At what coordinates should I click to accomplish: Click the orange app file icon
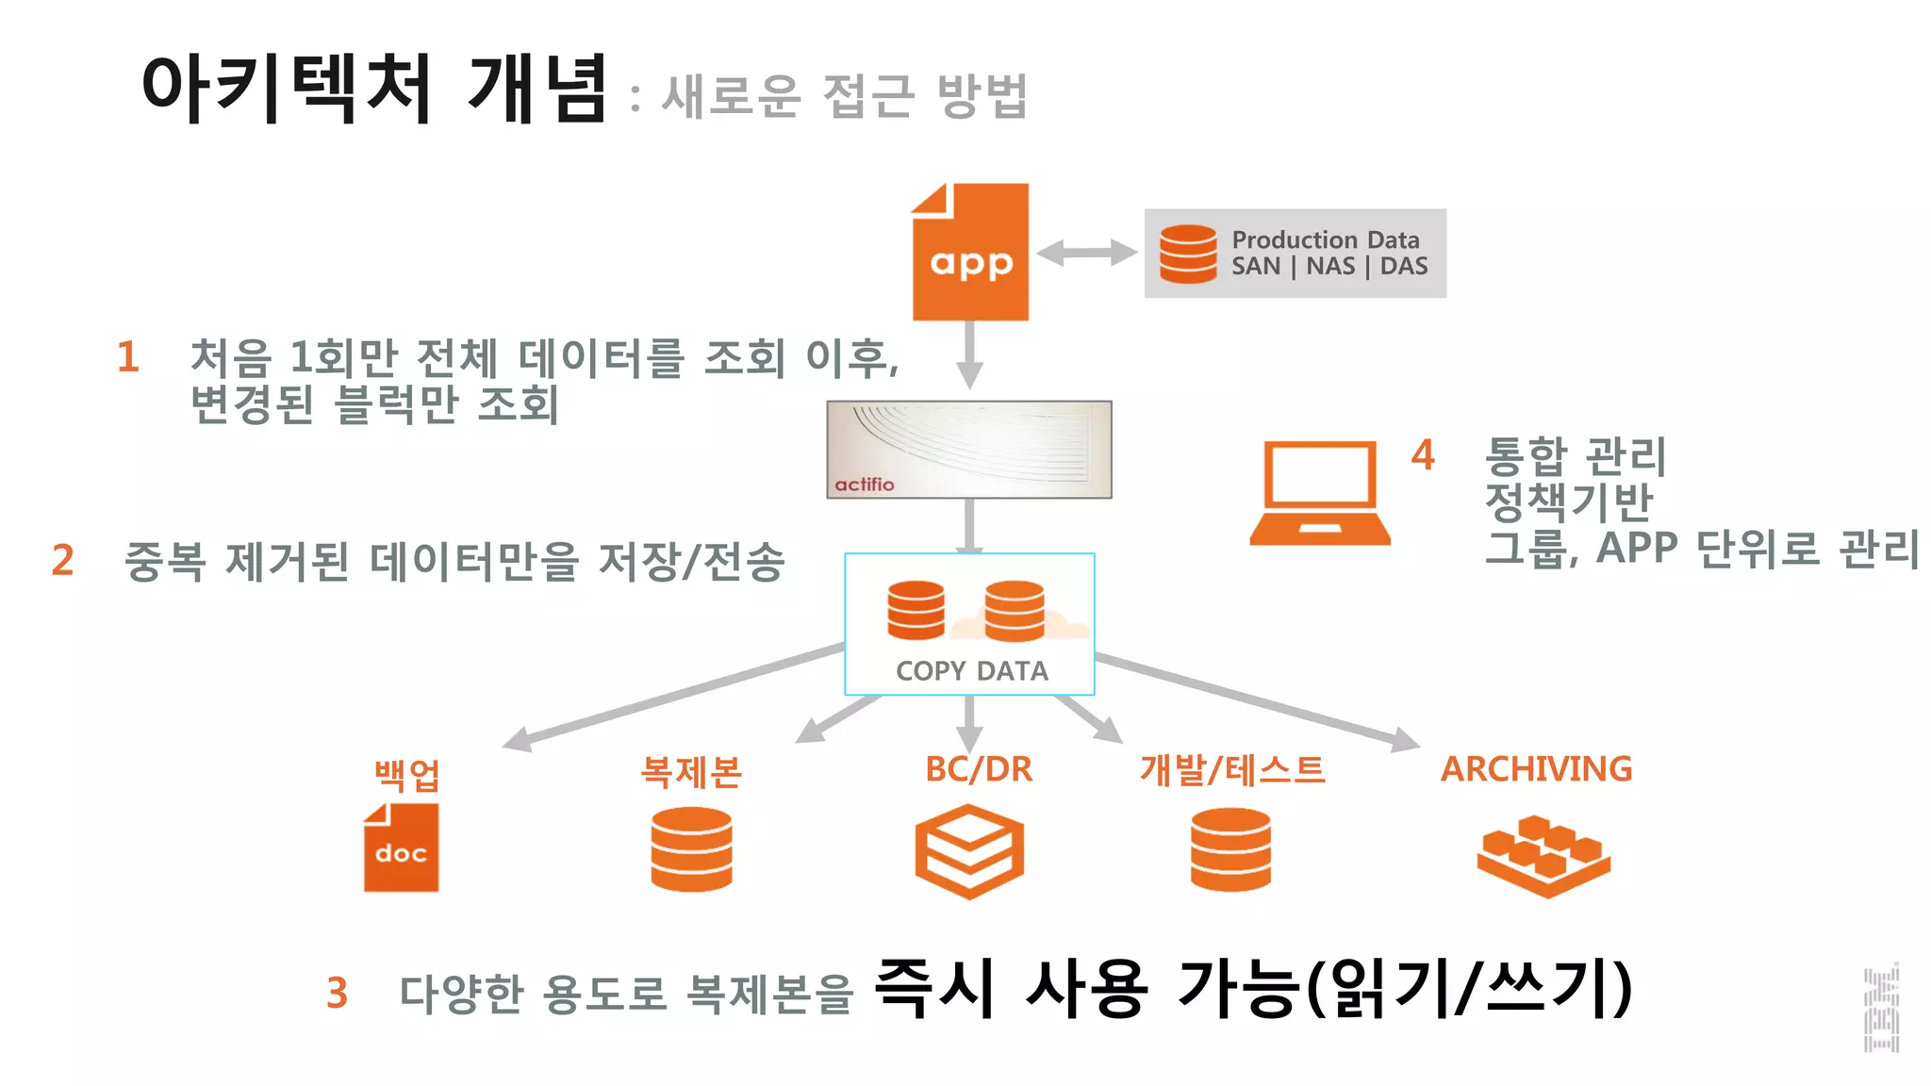tap(970, 253)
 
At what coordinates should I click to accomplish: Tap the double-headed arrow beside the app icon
tap(1086, 253)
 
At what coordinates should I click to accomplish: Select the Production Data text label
tap(1325, 240)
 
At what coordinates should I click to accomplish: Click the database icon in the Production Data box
tap(1188, 255)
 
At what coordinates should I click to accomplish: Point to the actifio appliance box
tap(968, 450)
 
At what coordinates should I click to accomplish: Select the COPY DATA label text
tap(971, 671)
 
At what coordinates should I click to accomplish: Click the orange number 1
tap(128, 357)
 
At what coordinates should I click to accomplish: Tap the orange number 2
tap(63, 560)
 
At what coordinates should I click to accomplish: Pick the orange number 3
tap(338, 994)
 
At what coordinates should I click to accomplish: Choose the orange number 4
tap(1423, 455)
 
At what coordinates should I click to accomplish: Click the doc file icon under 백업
tap(401, 848)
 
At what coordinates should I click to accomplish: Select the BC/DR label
tap(979, 769)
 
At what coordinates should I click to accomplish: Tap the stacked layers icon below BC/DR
tap(969, 851)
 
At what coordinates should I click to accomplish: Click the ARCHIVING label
tap(1536, 769)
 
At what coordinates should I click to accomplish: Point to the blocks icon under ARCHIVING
tap(1543, 855)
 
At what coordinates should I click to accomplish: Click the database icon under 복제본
tap(691, 849)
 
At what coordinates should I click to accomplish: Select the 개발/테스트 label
tap(1231, 770)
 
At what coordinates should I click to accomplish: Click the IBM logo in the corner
tap(1881, 1010)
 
